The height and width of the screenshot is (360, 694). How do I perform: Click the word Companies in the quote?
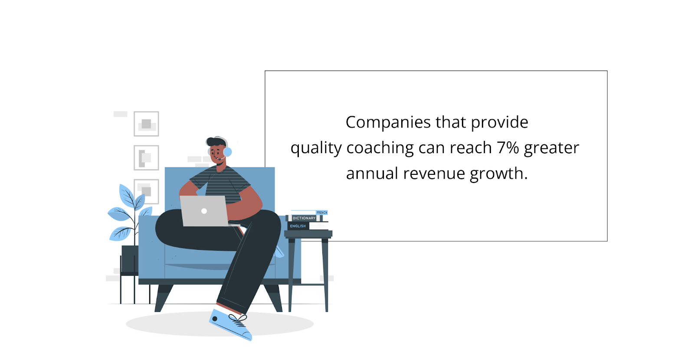tap(388, 122)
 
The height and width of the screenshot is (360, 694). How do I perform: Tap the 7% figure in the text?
tap(508, 147)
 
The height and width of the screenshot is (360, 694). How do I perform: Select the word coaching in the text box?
tap(380, 148)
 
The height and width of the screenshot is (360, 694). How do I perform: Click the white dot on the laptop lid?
tap(204, 211)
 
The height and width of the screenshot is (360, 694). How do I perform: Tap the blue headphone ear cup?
tap(227, 152)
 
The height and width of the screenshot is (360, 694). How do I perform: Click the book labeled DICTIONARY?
tap(304, 218)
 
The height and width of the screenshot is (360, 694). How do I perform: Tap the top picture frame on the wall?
tap(146, 124)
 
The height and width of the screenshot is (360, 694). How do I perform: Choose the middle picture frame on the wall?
tap(146, 158)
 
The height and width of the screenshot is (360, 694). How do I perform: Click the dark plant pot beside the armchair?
tap(130, 259)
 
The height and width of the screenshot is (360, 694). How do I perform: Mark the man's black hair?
tap(216, 141)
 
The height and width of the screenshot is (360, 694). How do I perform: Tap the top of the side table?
tap(308, 234)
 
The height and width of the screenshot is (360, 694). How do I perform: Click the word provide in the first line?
tap(499, 122)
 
